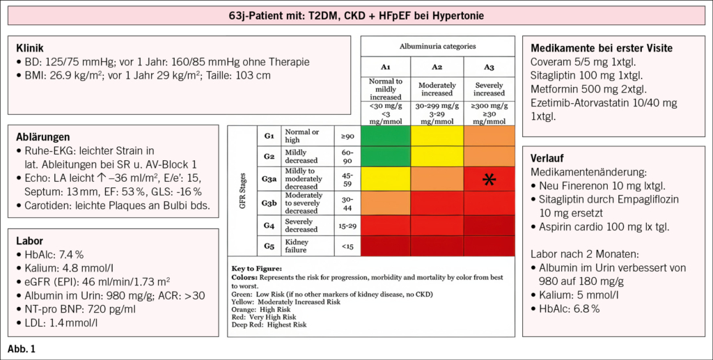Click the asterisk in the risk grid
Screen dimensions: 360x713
[489, 180]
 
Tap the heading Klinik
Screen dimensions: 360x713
[30, 48]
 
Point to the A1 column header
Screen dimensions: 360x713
[386, 66]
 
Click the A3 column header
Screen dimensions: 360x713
[489, 66]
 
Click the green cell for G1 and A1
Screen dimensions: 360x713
[386, 136]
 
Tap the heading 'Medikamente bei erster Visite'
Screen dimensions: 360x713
[601, 48]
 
